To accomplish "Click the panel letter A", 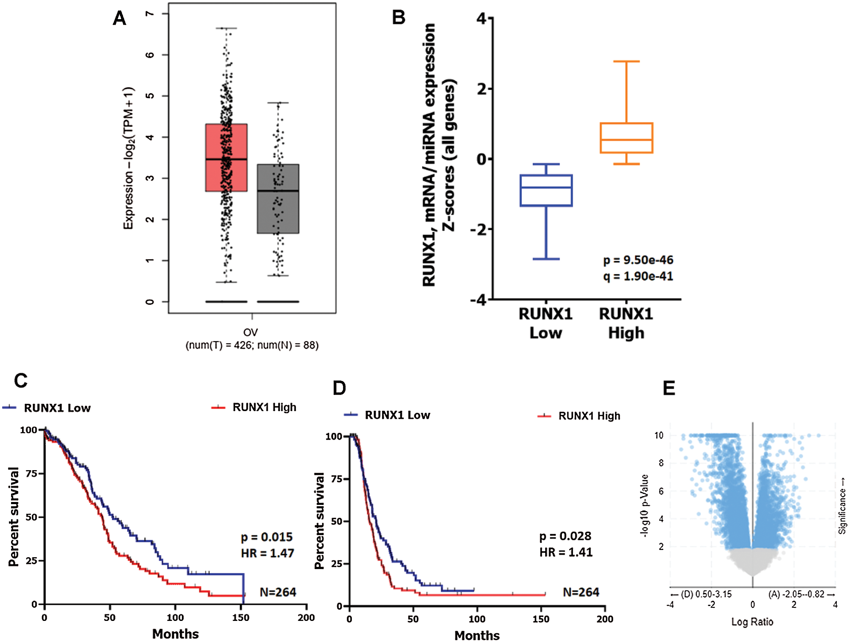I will [119, 18].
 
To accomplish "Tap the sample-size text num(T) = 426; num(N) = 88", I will [252, 345].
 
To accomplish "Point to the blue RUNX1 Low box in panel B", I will [546, 190].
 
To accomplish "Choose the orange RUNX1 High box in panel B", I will [626, 138].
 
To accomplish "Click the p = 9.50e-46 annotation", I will [638, 260].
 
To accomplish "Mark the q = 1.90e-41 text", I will [638, 276].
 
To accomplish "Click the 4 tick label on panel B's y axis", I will [482, 18].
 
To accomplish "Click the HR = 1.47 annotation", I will [267, 553].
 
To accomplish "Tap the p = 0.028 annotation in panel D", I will [565, 536].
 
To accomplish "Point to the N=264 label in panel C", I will [278, 592].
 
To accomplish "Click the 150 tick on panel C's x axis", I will [241, 618].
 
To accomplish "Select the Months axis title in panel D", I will [477, 635].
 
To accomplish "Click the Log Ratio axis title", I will [752, 622].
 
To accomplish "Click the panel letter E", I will [669, 388].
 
